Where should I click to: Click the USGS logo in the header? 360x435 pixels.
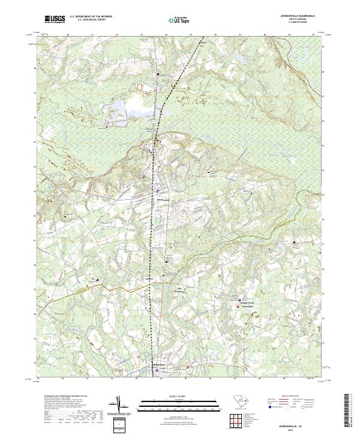(x=55, y=19)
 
